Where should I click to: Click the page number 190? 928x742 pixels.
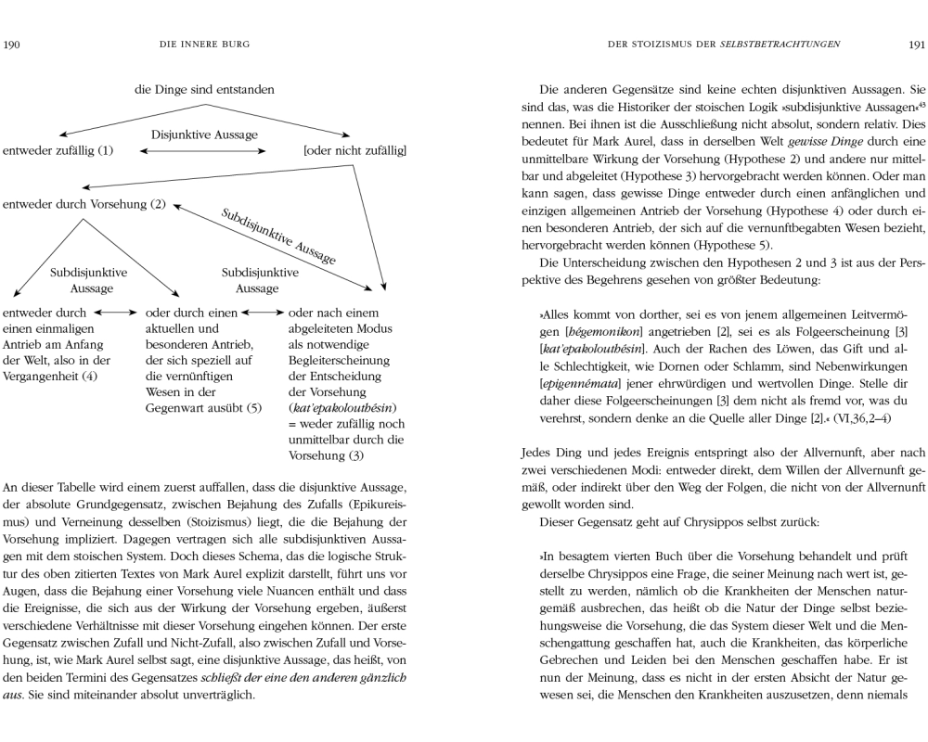coord(12,44)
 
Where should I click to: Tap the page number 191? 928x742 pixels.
coord(915,44)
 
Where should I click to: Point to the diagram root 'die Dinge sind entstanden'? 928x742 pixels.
coord(204,90)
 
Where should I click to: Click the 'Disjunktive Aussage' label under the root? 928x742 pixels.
coord(204,135)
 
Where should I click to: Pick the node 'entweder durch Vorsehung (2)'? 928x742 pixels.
coord(84,203)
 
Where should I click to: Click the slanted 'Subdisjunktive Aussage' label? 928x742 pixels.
coord(278,236)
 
